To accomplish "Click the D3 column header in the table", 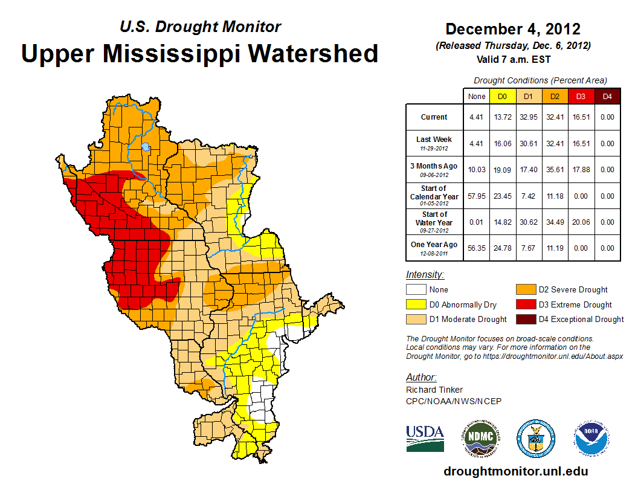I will [581, 96].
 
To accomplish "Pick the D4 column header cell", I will [607, 96].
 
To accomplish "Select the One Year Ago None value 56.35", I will [476, 248].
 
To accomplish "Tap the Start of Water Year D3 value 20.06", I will [581, 222].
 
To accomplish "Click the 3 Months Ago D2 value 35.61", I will [555, 170].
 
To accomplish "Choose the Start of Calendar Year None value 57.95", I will [476, 196].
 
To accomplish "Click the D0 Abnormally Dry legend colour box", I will [416, 304].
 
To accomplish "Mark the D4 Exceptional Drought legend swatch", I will [525, 319].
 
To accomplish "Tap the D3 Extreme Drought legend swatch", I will [525, 304].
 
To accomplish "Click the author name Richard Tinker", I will [434, 390].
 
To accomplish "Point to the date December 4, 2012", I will [512, 29].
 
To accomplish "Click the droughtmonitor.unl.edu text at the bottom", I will [515, 471].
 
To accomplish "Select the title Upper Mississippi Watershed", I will [200, 53].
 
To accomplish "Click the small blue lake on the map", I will [145, 146].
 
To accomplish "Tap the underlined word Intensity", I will [425, 275].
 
